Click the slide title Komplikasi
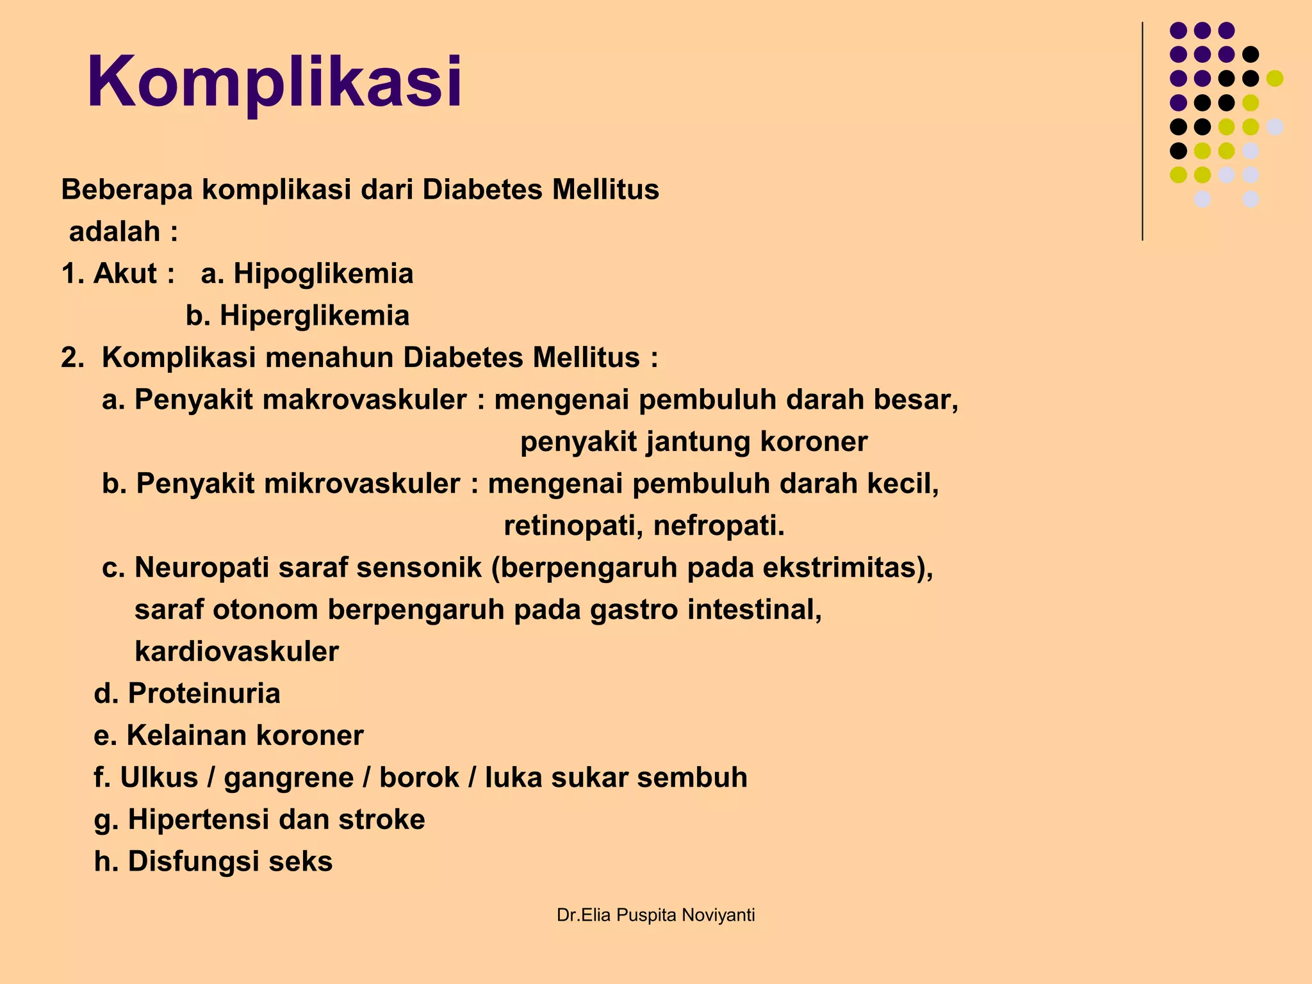[x=274, y=82]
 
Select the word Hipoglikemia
[x=323, y=274]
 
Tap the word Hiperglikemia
[x=315, y=316]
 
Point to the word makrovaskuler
[x=365, y=400]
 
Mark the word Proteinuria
[x=204, y=693]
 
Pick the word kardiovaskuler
[x=236, y=652]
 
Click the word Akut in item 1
[x=125, y=274]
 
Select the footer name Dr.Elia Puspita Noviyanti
[x=655, y=915]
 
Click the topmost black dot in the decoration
[x=1250, y=54]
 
